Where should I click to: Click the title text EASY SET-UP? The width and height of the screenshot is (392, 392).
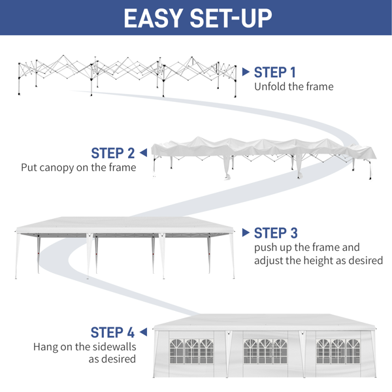(x=198, y=18)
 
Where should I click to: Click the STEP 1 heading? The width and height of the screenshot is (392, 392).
(x=275, y=73)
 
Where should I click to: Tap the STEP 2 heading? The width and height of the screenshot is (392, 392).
(x=113, y=153)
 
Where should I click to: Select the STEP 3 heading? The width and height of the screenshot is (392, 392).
(x=276, y=233)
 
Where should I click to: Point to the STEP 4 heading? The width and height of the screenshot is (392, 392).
(x=112, y=333)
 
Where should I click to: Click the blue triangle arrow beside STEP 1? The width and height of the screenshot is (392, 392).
(x=246, y=72)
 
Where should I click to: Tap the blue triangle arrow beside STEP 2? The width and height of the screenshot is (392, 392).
(x=143, y=152)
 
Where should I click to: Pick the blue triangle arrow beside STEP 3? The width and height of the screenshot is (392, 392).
(x=246, y=233)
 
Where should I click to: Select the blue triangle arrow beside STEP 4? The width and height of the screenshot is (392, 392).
(x=143, y=332)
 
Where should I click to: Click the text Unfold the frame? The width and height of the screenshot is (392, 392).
(x=294, y=87)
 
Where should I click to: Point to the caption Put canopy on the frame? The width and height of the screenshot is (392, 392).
(x=78, y=167)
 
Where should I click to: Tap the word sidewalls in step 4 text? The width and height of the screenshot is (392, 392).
(x=114, y=347)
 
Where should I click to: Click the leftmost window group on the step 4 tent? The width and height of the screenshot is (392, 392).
(x=191, y=351)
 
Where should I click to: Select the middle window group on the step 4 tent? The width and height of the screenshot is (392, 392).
(x=265, y=351)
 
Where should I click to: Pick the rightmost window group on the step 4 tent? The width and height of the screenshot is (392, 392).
(x=338, y=351)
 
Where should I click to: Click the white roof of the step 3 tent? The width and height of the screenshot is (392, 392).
(x=125, y=224)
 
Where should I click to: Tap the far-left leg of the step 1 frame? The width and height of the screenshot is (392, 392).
(x=19, y=79)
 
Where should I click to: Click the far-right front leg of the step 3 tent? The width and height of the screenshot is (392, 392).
(x=232, y=255)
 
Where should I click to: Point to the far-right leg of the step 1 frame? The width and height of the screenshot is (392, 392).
(x=235, y=82)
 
